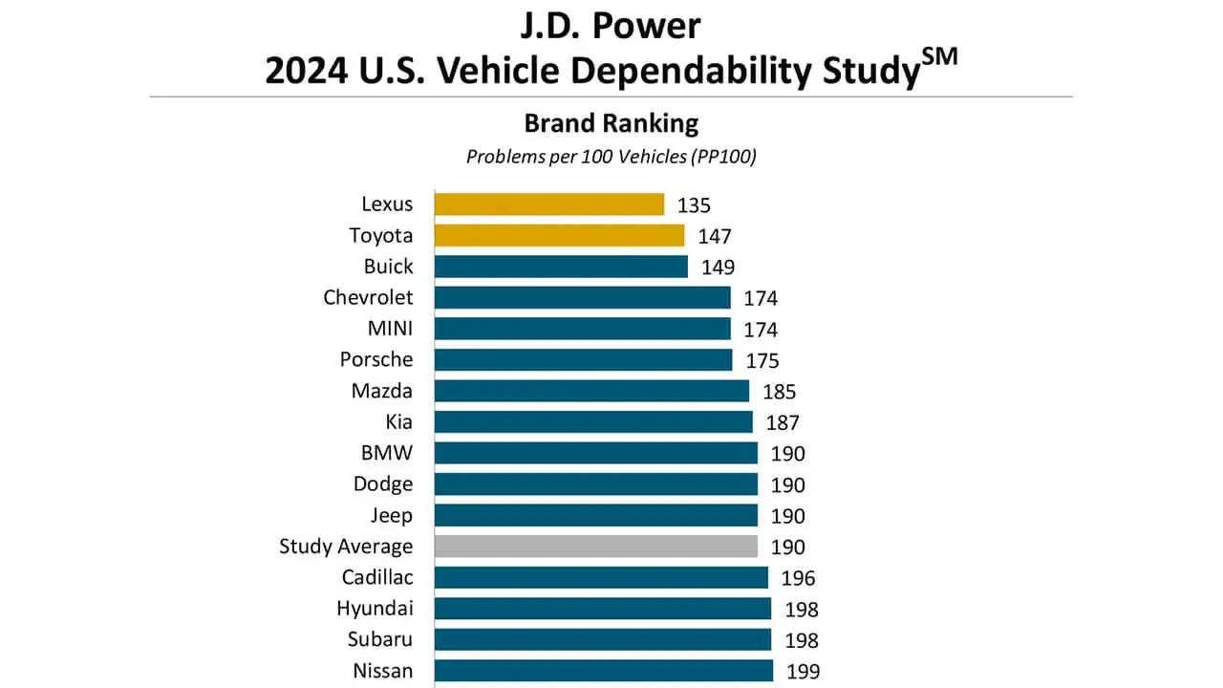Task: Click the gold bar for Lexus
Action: tap(549, 204)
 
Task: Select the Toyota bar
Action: tap(560, 235)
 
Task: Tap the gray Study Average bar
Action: tap(596, 547)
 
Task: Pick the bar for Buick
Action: tap(561, 267)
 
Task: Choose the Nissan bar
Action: tap(604, 671)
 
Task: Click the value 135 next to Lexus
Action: tap(695, 205)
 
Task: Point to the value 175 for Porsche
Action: tap(762, 361)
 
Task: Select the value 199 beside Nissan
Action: tap(803, 672)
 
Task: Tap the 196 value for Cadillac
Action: tap(798, 578)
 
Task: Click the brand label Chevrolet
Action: tap(368, 297)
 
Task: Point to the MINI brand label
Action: tap(390, 329)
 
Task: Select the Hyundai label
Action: tap(375, 609)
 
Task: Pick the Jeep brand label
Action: tap(392, 516)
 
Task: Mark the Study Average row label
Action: tap(346, 547)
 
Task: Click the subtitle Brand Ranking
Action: tap(611, 123)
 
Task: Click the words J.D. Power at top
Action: tap(611, 26)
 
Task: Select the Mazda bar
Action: tap(591, 391)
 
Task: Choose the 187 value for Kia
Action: tap(783, 422)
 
